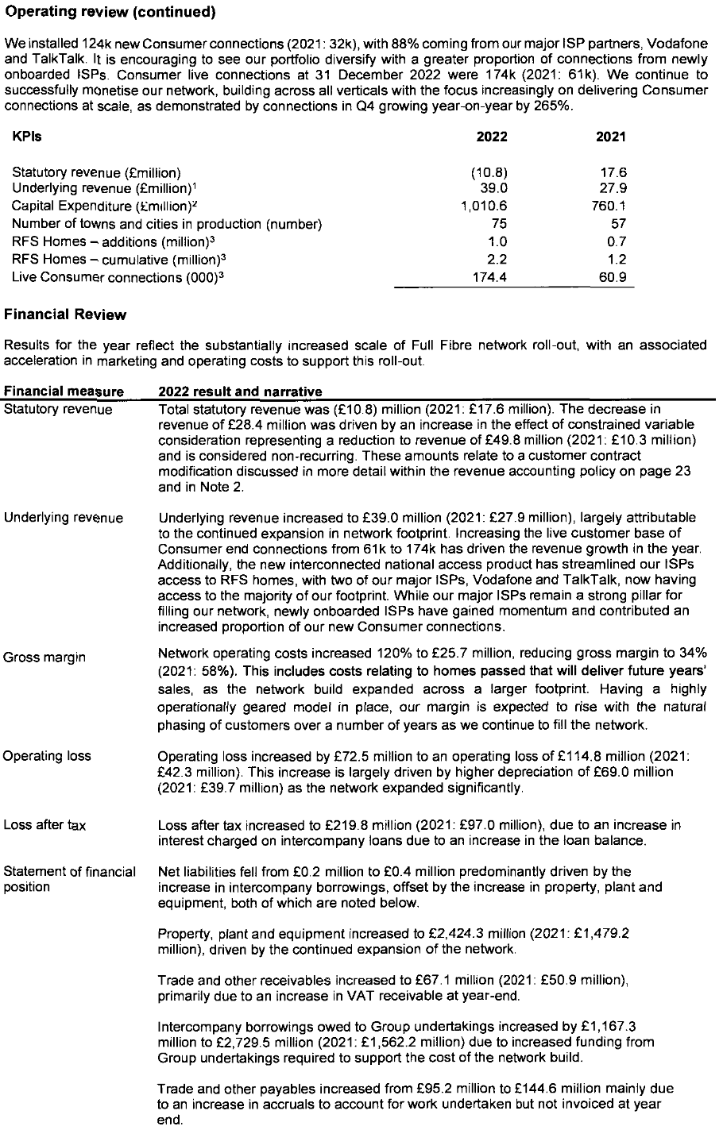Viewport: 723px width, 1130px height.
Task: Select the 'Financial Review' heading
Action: (x=65, y=314)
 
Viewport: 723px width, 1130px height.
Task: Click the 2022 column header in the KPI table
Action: (x=491, y=137)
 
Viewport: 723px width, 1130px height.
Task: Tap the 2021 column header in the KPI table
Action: (x=610, y=137)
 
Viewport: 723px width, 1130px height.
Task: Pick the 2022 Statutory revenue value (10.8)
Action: (x=489, y=172)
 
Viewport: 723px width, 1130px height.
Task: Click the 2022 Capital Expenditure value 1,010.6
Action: (x=484, y=206)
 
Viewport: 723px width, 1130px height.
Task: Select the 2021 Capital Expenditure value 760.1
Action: (x=608, y=206)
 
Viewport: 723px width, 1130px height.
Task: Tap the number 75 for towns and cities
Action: (x=499, y=224)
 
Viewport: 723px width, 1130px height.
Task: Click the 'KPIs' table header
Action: (x=27, y=137)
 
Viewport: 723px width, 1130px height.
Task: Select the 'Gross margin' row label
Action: (x=44, y=658)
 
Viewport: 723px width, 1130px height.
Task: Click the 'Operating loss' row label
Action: (x=47, y=756)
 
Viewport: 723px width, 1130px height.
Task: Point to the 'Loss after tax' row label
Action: (x=44, y=826)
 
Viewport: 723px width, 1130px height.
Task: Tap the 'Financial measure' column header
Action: (x=64, y=391)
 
